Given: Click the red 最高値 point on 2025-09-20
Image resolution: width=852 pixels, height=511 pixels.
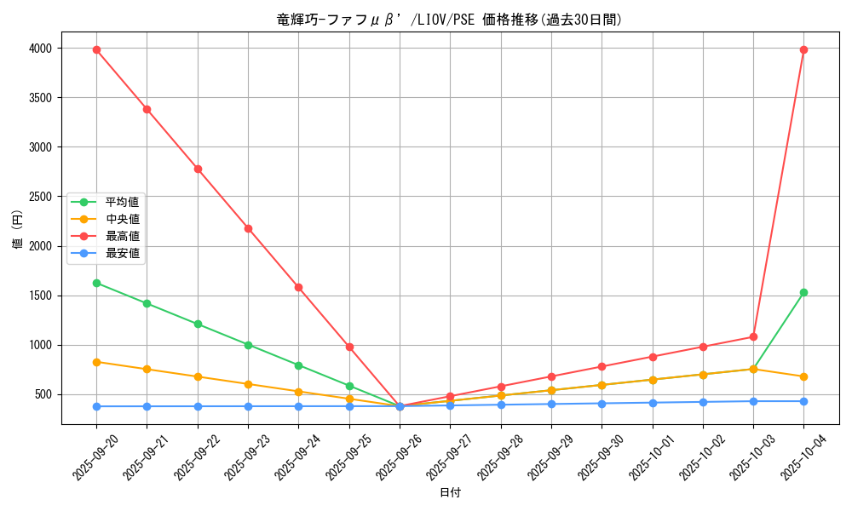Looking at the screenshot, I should point(96,49).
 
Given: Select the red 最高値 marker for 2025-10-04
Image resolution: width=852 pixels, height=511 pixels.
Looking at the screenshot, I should point(803,49).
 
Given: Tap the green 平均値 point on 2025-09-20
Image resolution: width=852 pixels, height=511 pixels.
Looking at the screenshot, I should point(96,283).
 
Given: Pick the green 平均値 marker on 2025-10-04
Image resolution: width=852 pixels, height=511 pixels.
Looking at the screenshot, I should point(803,292).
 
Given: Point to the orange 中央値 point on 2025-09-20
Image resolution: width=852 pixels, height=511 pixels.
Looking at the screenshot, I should point(96,362).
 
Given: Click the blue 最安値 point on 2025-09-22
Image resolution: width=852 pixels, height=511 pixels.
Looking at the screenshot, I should point(198,406).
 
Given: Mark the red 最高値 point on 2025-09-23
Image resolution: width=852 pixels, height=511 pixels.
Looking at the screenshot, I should point(248,228).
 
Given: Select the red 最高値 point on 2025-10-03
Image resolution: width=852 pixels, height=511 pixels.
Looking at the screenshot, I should point(753,336).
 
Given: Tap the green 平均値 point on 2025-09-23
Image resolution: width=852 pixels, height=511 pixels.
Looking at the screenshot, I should point(248,345).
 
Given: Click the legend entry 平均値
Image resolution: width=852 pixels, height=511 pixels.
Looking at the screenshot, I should point(122,203).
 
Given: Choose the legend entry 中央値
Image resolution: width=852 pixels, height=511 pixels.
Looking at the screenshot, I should point(122,220).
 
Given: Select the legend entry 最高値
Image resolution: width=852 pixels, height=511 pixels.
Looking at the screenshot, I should point(122,236).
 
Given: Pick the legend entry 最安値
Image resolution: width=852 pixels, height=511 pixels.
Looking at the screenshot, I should point(122,253).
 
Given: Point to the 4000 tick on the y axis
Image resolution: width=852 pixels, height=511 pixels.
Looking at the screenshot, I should point(39,49).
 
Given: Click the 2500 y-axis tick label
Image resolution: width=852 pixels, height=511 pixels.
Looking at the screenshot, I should point(39,197).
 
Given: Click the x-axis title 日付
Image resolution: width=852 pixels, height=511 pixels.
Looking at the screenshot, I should point(450,493).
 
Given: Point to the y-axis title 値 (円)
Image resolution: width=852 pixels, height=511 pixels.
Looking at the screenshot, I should point(17,231).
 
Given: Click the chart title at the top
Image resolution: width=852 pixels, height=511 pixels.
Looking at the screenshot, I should point(450,20).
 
